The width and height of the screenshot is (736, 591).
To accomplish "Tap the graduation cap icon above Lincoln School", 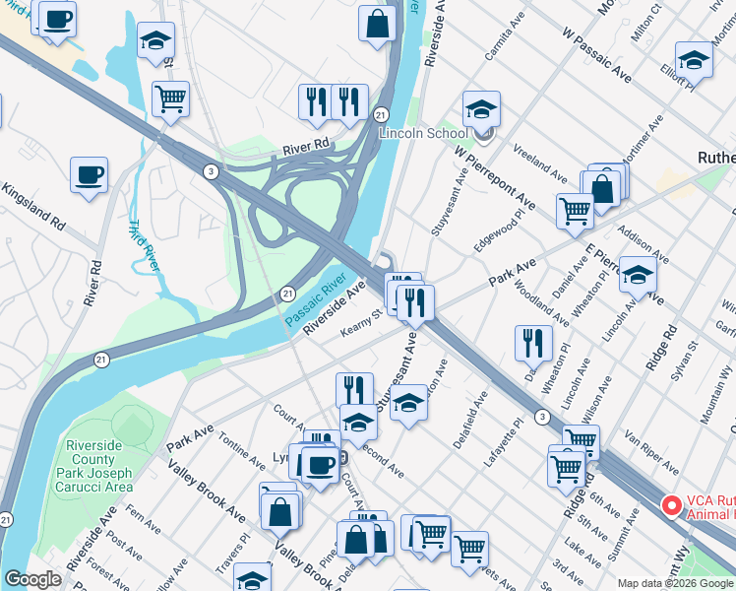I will (481, 108).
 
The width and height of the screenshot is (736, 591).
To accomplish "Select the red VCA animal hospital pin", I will (673, 505).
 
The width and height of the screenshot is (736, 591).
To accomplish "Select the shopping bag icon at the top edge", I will (378, 25).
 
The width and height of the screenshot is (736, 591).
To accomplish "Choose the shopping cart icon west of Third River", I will (171, 98).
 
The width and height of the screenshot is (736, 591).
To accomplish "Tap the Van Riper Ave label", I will (650, 451).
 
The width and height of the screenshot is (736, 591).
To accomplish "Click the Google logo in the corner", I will (32, 579).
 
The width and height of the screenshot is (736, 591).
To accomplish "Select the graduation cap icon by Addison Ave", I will (638, 275).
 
